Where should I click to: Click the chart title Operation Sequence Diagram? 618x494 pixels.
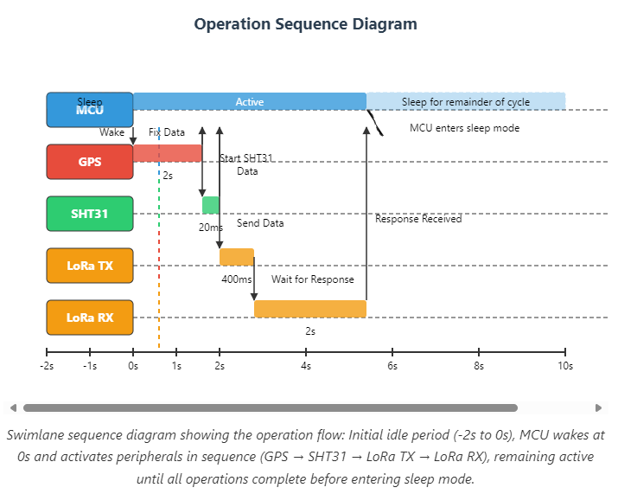[x=305, y=24]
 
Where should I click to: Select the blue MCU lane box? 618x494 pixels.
[x=90, y=110]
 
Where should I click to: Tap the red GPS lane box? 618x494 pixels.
[x=90, y=162]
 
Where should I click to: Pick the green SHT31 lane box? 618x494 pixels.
[x=90, y=214]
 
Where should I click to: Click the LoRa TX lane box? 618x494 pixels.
[x=90, y=266]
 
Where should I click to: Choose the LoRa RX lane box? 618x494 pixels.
[x=90, y=318]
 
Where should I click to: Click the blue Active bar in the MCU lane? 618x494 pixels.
[x=250, y=102]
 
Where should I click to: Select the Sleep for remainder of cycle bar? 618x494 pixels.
[x=466, y=102]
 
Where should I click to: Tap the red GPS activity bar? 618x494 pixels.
[x=168, y=153]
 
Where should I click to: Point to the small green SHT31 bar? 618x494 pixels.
[x=211, y=205]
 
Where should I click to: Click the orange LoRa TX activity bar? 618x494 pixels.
[x=237, y=257]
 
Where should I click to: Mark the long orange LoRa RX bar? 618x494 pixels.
[x=310, y=309]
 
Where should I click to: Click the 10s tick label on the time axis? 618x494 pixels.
[x=565, y=366]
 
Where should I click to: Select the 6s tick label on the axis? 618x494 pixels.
[x=392, y=366]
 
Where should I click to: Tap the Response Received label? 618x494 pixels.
[x=418, y=219]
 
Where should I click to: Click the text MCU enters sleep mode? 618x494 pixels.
[x=464, y=128]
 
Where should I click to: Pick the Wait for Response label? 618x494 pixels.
[x=313, y=279]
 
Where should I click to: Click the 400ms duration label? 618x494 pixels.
[x=237, y=279]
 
